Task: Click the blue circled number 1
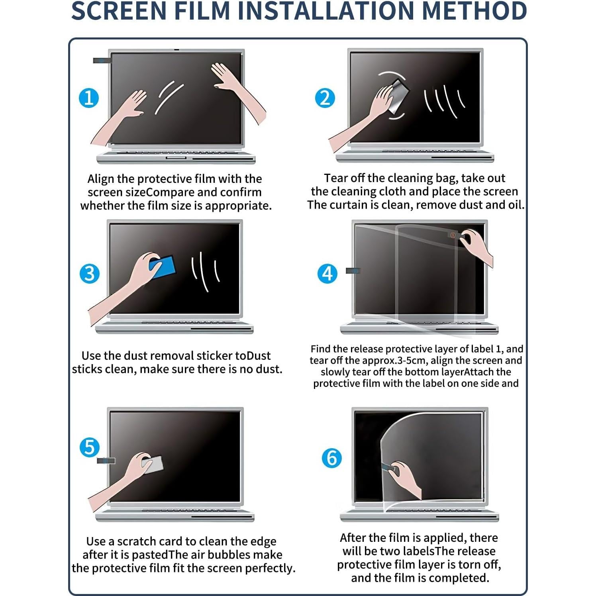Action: [89, 98]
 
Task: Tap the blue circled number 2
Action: [325, 98]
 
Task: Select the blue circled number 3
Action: [89, 274]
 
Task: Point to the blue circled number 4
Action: [327, 274]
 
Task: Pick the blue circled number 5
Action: [89, 447]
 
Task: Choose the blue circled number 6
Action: [331, 458]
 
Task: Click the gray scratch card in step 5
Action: [153, 465]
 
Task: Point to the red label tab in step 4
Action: [453, 235]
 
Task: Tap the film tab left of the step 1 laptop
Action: [102, 61]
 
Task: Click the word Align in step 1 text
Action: [101, 179]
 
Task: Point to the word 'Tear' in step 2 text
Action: [335, 178]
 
